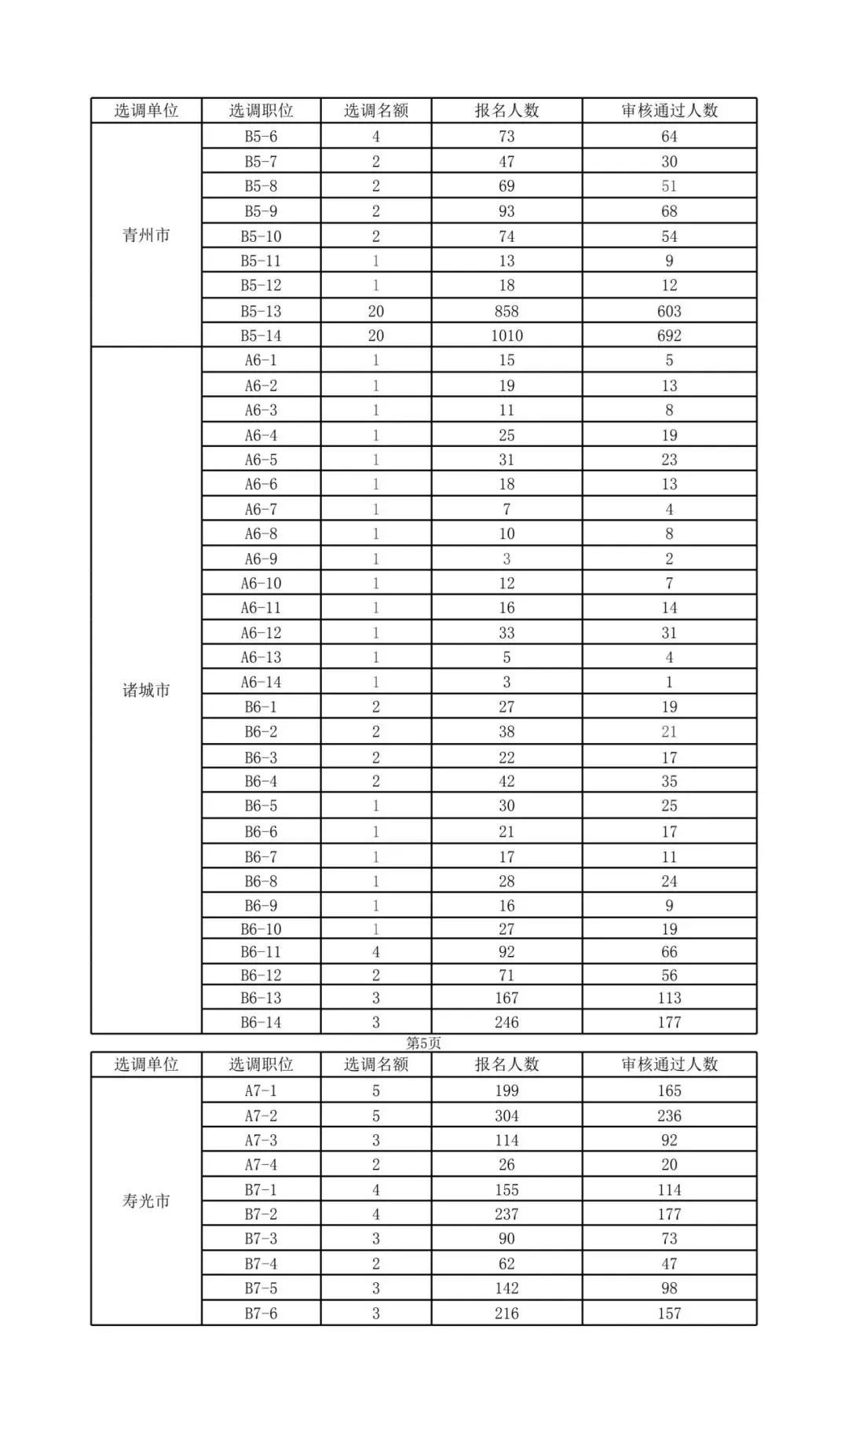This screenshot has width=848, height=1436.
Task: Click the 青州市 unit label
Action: [x=146, y=235]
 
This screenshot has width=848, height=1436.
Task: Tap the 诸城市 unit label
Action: [x=146, y=691]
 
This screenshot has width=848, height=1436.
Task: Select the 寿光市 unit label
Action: [x=146, y=1201]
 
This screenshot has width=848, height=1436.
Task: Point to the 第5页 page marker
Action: [x=424, y=1043]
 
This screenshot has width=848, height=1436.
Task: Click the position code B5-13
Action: [x=261, y=311]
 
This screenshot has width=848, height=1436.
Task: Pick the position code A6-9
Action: [x=261, y=559]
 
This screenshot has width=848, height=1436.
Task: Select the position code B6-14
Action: [x=261, y=1022]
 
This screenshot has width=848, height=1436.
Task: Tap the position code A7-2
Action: [x=261, y=1115]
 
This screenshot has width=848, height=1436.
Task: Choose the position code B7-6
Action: [x=261, y=1313]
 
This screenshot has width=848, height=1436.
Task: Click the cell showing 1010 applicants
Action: [x=506, y=335]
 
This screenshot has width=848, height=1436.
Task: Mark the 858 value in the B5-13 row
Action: [x=506, y=311]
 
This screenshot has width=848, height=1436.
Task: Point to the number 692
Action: [x=669, y=335]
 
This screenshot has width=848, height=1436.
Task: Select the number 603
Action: [x=669, y=311]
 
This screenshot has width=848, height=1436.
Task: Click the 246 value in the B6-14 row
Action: [x=506, y=1022]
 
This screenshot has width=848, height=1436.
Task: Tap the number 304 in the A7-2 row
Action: [x=506, y=1115]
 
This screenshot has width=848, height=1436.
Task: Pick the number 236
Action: [x=669, y=1115]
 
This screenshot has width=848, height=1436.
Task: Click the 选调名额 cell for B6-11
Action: [x=375, y=952]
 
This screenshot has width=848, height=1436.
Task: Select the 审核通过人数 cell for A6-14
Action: [x=669, y=682]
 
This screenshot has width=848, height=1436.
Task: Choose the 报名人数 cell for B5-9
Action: [x=506, y=211]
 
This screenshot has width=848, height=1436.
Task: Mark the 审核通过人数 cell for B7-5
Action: [x=669, y=1288]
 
